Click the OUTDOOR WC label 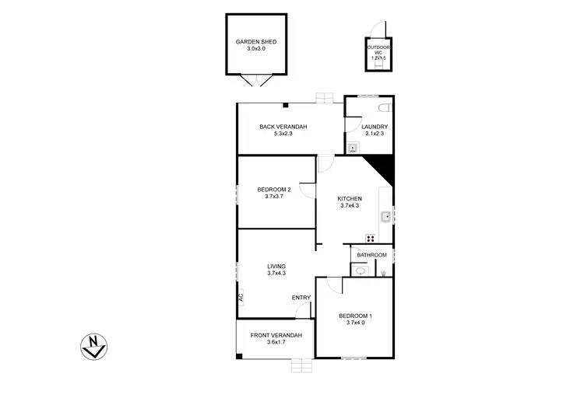tap(378, 51)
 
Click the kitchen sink tap(385, 217)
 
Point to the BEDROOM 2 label tap(274, 189)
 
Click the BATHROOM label tap(371, 255)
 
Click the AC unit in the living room tap(241, 296)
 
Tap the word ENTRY tap(301, 298)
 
